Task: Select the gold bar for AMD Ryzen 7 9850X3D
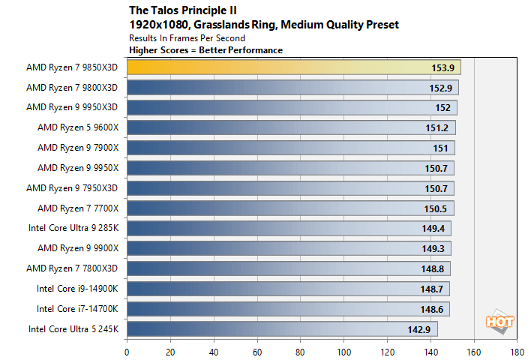click(x=293, y=67)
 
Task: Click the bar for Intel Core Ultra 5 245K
click(x=282, y=328)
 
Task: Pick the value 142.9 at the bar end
click(x=421, y=329)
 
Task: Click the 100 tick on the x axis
click(x=344, y=350)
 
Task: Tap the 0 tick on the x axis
click(x=127, y=350)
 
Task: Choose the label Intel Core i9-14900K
click(x=78, y=288)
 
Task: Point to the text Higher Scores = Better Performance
click(x=205, y=50)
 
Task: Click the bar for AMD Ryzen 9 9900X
click(x=289, y=248)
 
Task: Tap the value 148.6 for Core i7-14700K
click(x=433, y=309)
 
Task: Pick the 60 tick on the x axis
click(x=257, y=350)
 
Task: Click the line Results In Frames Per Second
click(x=187, y=37)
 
